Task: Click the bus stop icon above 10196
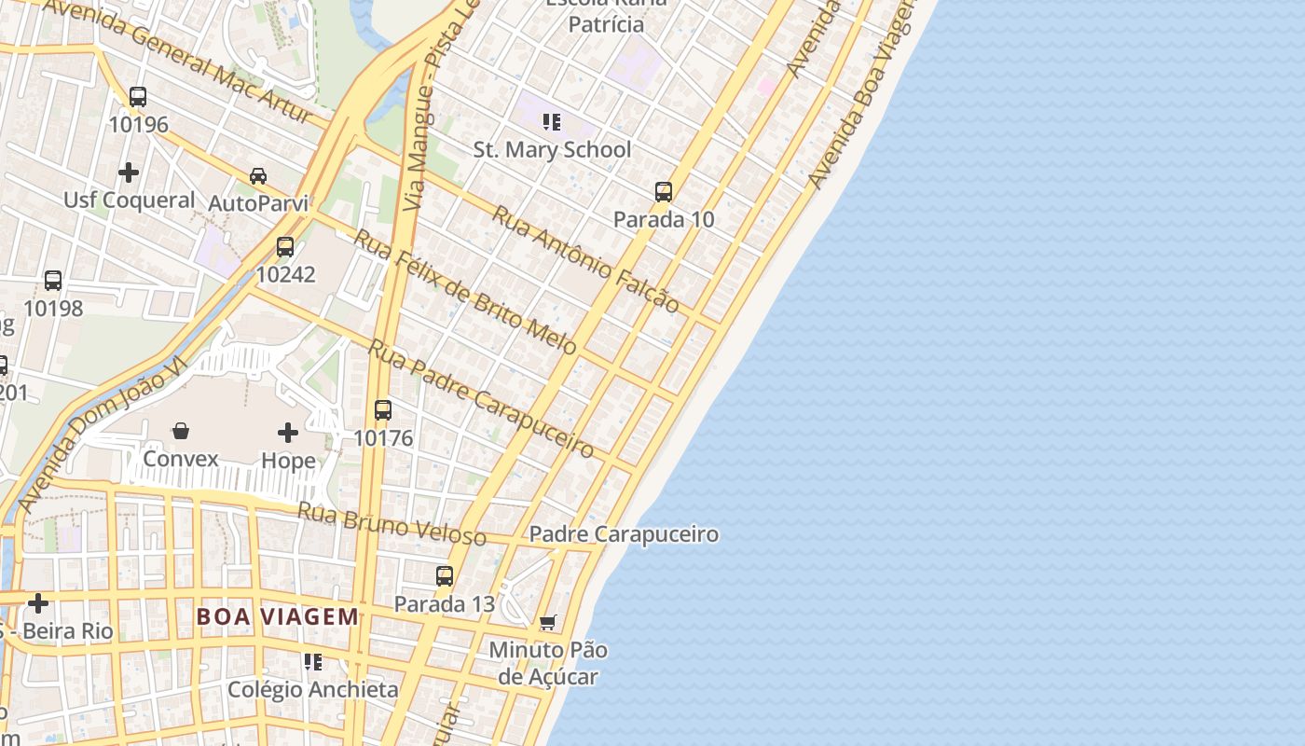(x=138, y=96)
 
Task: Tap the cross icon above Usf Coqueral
(x=129, y=172)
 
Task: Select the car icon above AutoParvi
(x=258, y=175)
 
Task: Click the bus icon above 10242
(x=285, y=247)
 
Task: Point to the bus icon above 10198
(x=53, y=280)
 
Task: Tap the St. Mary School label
(x=552, y=149)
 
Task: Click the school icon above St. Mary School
(x=552, y=121)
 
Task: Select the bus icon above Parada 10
(x=664, y=192)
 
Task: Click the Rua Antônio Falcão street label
(x=585, y=259)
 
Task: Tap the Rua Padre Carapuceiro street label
(x=481, y=398)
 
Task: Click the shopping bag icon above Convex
(x=181, y=431)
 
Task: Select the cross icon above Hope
(x=288, y=432)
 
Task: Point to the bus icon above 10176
(x=383, y=409)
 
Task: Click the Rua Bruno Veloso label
(x=391, y=524)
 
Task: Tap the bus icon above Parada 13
(x=445, y=575)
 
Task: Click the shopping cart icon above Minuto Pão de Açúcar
(x=548, y=622)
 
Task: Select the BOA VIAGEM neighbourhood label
(x=278, y=616)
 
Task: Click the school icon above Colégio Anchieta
(x=313, y=662)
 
